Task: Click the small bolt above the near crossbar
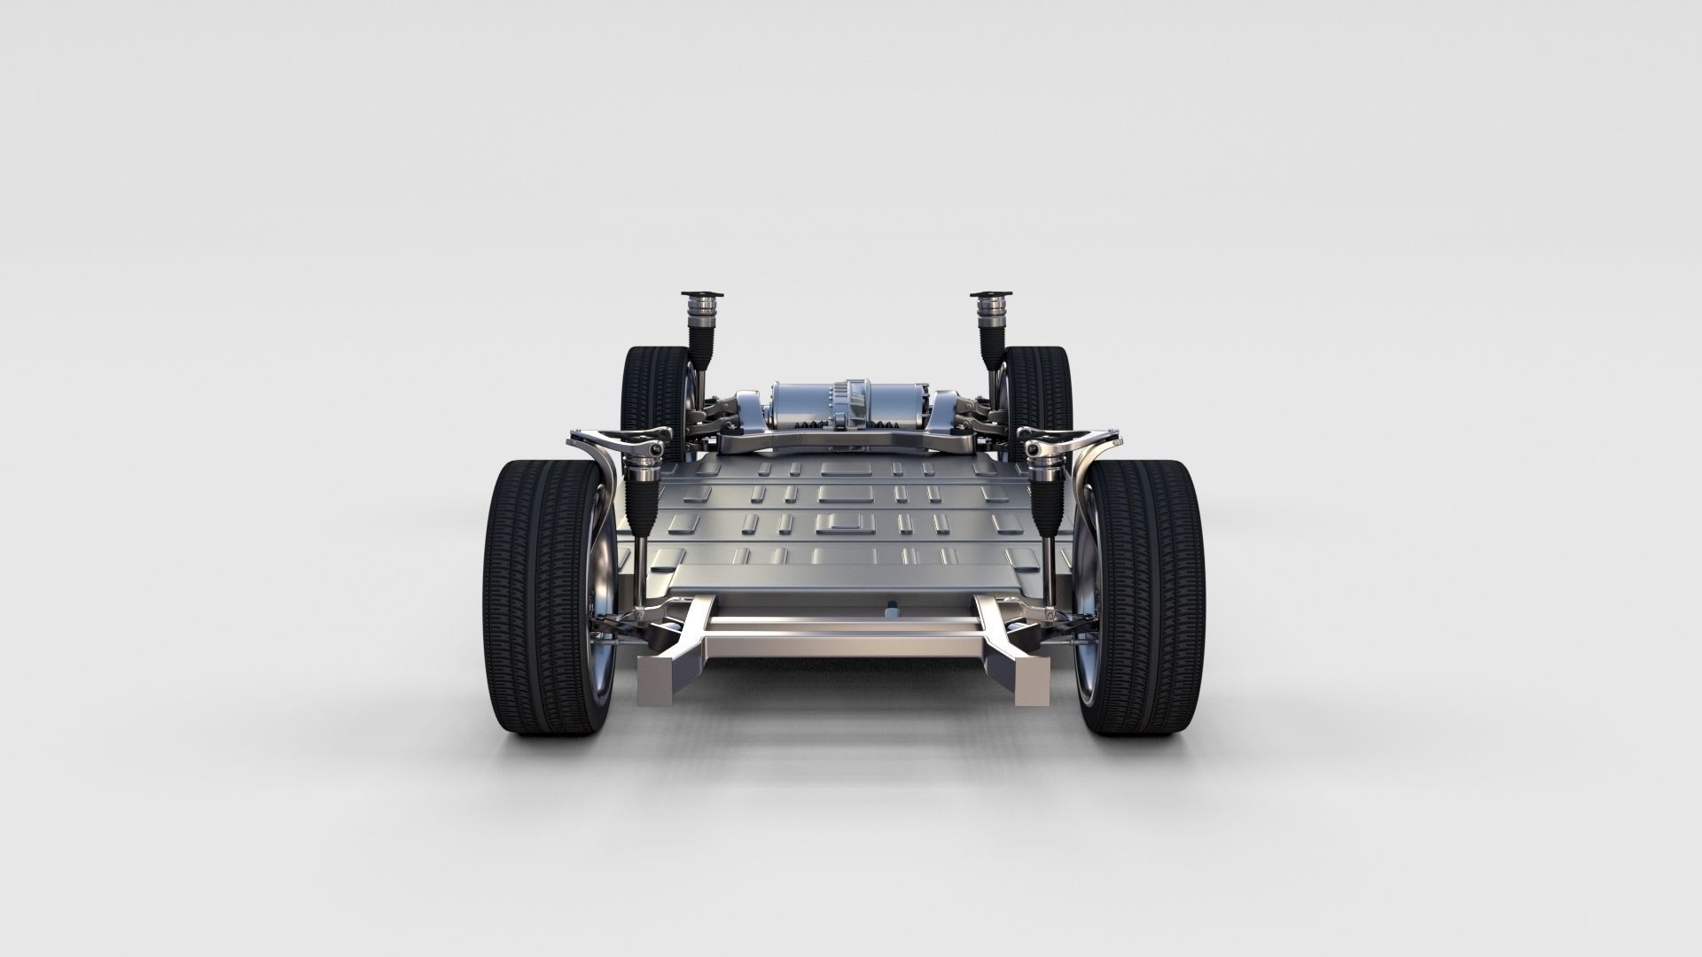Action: [x=892, y=610]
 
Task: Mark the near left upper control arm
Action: [x=612, y=439]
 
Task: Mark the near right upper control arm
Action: [x=1077, y=439]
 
